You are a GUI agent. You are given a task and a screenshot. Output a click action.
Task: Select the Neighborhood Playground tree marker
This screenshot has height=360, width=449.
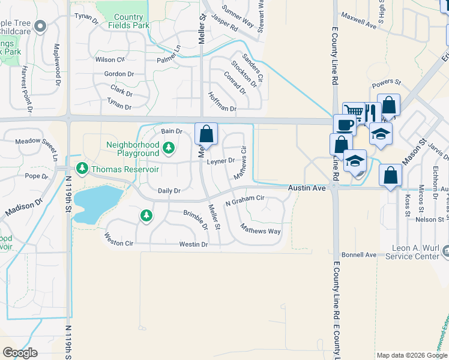pos(169,147)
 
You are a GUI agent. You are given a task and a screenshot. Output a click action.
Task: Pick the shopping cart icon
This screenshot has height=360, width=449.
pos(354,112)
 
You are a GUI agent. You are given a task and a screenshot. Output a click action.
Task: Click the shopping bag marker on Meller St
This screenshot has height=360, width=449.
pos(206,133)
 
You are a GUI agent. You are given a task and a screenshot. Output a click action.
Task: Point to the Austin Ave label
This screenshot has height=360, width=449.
pos(307,188)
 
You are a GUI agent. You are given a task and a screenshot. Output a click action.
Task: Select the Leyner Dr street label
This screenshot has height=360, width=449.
pos(221,161)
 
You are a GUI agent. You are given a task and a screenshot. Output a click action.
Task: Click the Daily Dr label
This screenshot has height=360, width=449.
pos(169,191)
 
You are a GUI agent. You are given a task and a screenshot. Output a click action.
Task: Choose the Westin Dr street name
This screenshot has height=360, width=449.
pos(193,244)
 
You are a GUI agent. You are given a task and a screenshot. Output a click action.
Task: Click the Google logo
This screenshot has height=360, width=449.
pos(20,352)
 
